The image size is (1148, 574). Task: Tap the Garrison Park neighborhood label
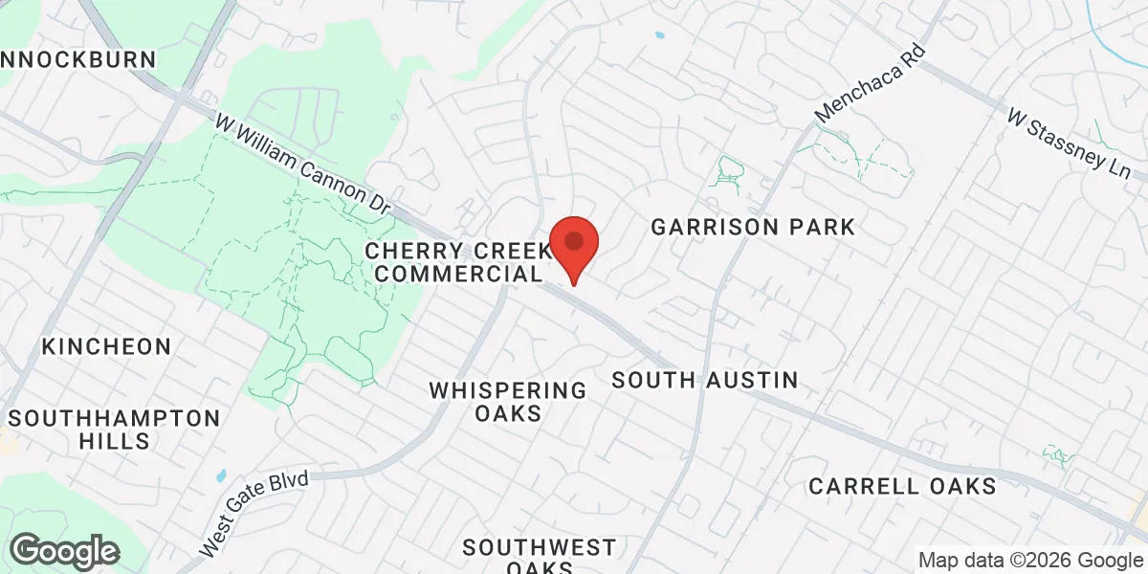click(752, 228)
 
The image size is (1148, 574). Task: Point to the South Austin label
click(704, 380)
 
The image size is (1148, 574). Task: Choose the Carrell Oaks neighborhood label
click(902, 486)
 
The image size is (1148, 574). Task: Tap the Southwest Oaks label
click(540, 558)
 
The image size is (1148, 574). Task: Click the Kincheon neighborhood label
click(106, 346)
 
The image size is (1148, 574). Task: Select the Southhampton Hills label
click(114, 430)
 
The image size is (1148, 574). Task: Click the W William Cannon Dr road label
click(304, 163)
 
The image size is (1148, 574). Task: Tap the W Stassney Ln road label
click(1069, 144)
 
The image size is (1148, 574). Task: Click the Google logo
click(64, 551)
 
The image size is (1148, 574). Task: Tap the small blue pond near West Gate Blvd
click(221, 475)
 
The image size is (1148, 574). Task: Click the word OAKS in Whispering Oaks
click(508, 414)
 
